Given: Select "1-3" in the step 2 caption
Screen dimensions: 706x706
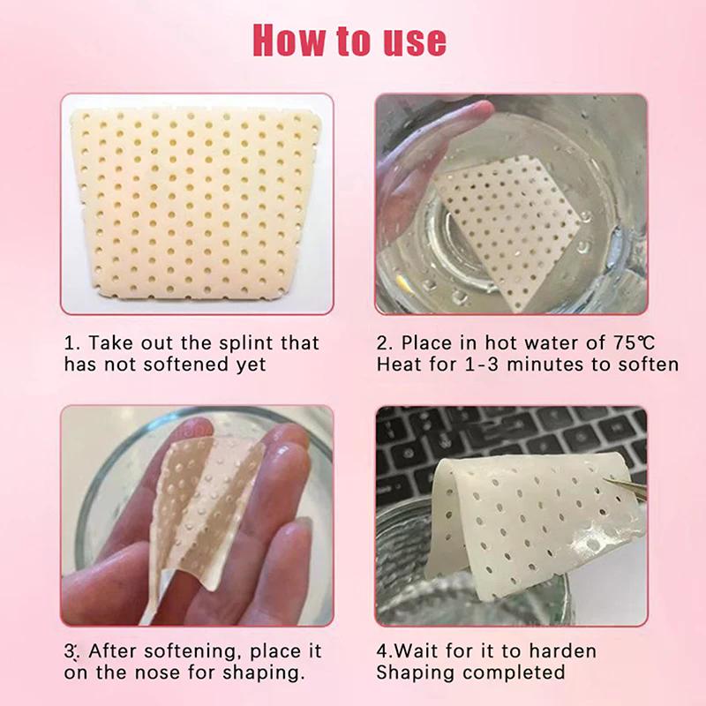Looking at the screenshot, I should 481,364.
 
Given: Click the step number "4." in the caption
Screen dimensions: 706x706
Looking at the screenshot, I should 385,651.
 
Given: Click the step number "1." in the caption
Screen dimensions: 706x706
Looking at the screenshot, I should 72,342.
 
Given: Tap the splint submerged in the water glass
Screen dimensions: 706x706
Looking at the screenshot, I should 512,221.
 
